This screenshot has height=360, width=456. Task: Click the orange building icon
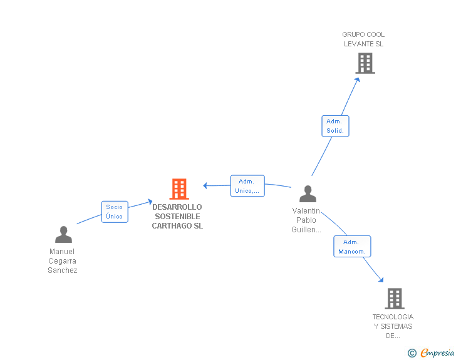(x=179, y=188)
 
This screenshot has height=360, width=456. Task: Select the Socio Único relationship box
(x=115, y=212)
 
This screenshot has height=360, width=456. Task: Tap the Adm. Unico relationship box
(x=247, y=186)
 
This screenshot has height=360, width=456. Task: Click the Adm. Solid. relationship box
(x=335, y=126)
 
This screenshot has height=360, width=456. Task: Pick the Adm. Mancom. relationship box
(x=352, y=246)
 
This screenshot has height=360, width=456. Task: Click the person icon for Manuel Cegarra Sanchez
(x=63, y=234)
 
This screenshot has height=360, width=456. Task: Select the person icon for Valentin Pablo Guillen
(x=308, y=193)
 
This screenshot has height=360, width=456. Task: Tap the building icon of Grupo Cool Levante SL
(x=365, y=63)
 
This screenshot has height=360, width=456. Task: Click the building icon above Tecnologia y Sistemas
(x=395, y=299)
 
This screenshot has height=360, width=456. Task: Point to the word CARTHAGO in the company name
(x=172, y=226)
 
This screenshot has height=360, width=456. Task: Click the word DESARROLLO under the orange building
(x=177, y=207)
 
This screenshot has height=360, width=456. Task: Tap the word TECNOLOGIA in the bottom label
(x=393, y=317)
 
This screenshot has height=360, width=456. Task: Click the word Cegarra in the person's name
(x=62, y=261)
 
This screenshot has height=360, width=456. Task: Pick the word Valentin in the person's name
(x=306, y=211)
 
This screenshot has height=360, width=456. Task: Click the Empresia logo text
(x=437, y=352)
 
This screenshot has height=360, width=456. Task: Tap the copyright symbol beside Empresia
(x=412, y=353)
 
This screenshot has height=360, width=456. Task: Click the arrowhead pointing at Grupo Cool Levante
(x=358, y=80)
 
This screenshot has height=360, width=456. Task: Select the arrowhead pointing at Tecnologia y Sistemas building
(x=381, y=280)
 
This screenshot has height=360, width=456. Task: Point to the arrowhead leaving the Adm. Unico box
(x=205, y=185)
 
